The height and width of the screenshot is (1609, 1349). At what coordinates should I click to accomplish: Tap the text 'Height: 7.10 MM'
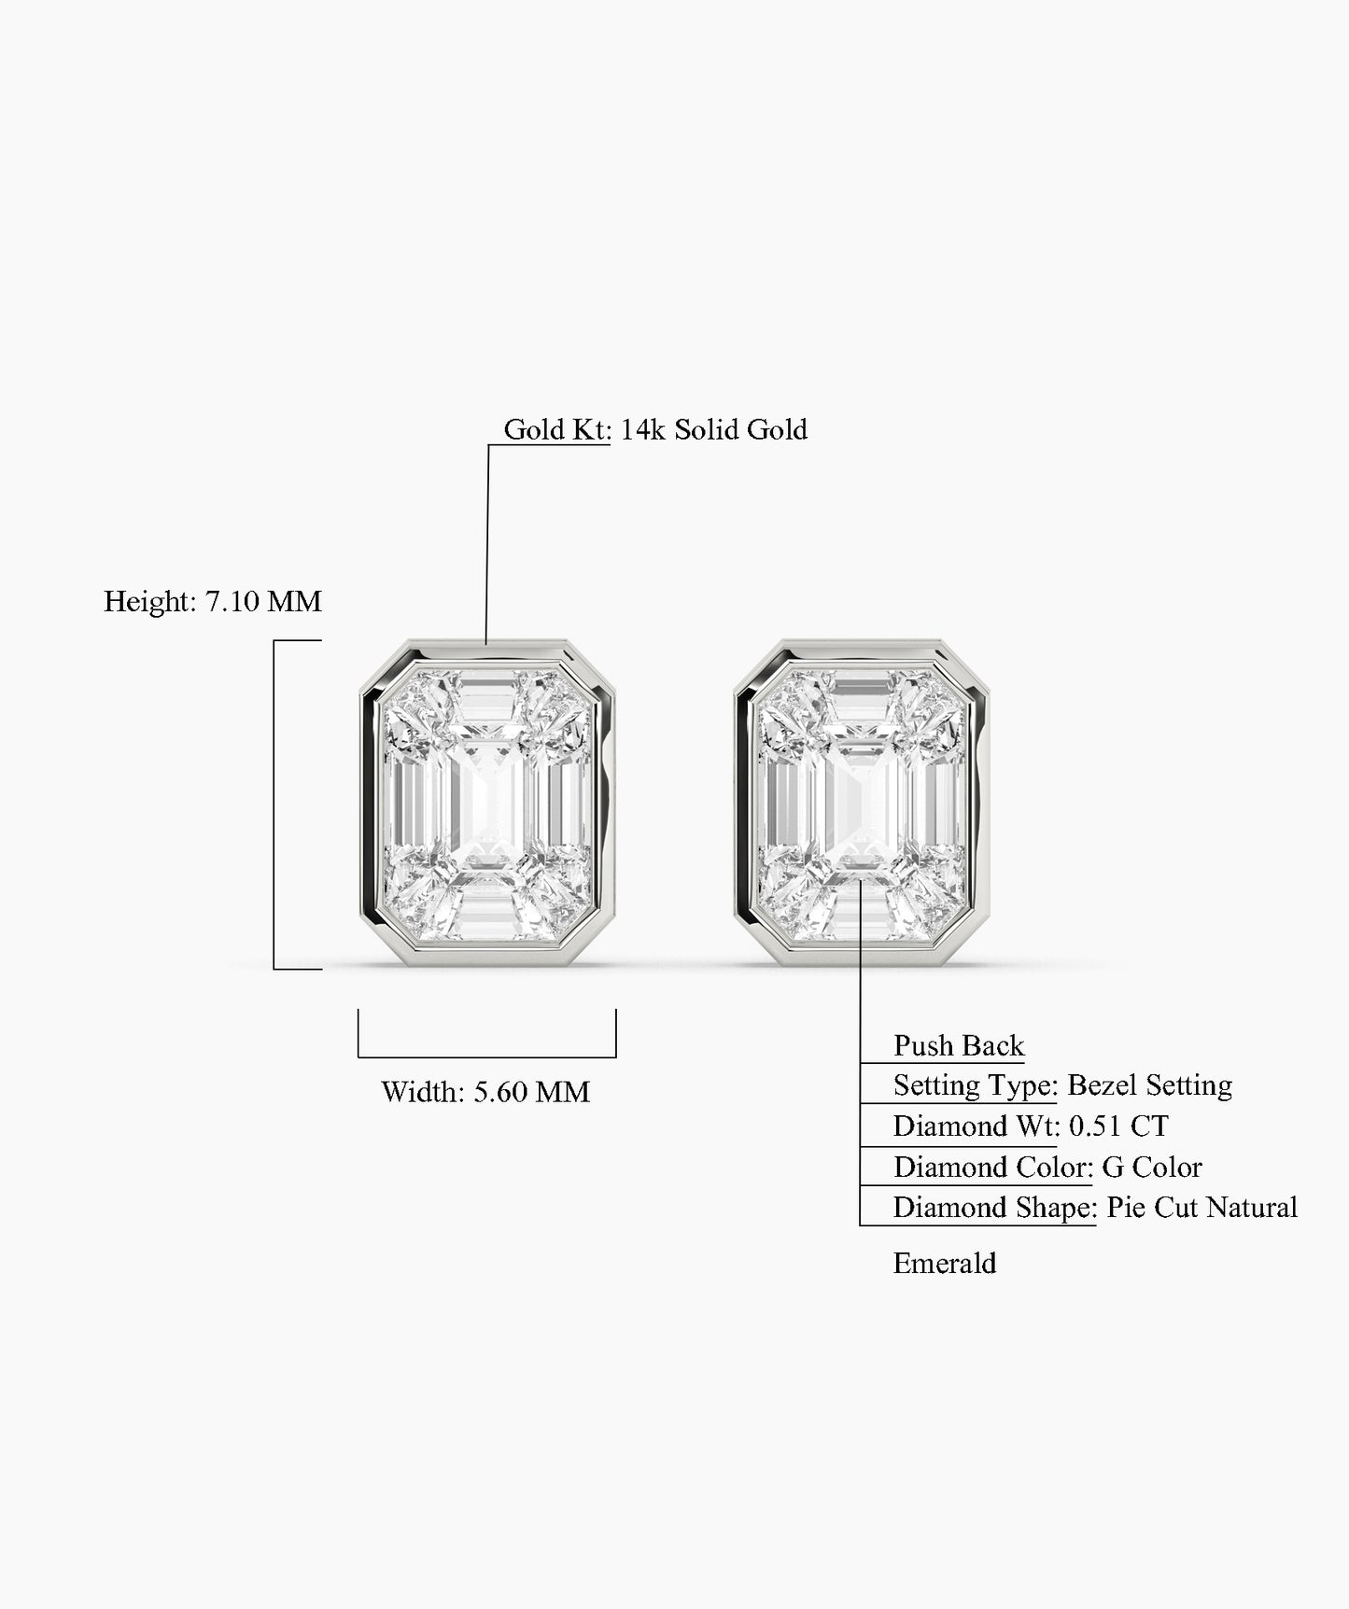pos(213,601)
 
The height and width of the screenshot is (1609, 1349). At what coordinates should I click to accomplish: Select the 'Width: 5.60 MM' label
pos(485,1092)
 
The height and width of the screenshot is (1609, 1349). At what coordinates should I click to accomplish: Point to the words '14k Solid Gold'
pos(714,429)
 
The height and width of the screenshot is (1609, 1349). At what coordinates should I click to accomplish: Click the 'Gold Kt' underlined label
pos(556,429)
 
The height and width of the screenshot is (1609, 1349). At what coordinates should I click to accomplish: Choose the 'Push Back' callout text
pos(959,1045)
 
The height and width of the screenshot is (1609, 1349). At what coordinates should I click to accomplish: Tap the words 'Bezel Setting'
pos(1149,1085)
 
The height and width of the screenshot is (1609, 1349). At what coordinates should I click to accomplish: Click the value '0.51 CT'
pos(1118,1126)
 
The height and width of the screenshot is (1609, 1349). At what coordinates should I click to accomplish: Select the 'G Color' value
pos(1152,1167)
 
